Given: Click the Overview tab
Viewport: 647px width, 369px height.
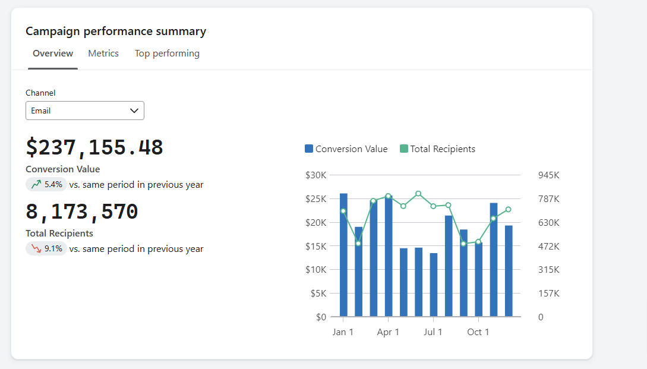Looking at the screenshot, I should point(53,53).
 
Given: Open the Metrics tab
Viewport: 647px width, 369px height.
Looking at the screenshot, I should point(103,53).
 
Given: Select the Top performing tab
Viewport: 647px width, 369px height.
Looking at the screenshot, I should point(167,53).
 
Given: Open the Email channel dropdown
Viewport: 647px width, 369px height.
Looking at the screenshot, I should point(85,111).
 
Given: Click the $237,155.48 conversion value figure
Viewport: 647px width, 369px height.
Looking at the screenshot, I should point(94,147).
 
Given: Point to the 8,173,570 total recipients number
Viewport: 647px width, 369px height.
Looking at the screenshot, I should point(82,212).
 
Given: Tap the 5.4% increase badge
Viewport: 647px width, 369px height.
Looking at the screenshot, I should point(46,185).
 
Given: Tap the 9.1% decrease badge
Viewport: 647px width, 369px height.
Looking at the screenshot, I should point(46,249).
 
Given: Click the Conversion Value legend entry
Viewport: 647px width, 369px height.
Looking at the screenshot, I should point(346,149).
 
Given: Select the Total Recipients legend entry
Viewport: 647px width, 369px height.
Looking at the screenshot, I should point(437,149).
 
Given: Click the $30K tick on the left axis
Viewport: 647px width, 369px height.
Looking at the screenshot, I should point(315,175).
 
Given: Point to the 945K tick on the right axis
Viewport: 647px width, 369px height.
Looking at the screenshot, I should point(548,175).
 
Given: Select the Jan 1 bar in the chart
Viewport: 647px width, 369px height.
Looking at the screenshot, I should point(343,256).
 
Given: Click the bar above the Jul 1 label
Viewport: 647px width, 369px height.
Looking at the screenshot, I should point(434,285).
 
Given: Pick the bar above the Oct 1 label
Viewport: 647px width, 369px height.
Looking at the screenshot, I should point(478,279).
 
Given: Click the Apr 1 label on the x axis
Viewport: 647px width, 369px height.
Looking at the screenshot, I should point(388,332).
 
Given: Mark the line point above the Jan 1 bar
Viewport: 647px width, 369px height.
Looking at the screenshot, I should point(343,211).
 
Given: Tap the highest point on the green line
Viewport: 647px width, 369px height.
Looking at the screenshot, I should point(418,194).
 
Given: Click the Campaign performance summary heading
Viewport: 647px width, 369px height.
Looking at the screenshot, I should point(116,31).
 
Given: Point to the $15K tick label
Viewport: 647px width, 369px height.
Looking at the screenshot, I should point(315,246).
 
